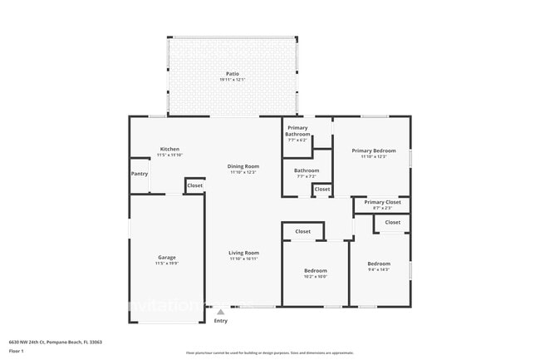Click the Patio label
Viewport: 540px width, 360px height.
232,73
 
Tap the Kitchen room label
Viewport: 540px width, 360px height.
169,150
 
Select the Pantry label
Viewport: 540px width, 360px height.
140,174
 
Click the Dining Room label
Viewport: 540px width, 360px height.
243,166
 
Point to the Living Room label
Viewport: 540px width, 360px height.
244,253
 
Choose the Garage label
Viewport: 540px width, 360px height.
167,257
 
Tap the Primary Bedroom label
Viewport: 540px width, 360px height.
374,150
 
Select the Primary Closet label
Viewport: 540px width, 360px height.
382,202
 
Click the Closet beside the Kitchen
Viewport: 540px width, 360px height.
194,185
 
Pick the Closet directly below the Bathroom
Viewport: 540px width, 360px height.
322,190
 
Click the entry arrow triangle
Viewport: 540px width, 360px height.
220,312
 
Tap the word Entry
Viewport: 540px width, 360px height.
220,321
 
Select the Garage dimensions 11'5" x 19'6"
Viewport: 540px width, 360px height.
167,263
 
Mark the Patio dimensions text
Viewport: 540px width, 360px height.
232,79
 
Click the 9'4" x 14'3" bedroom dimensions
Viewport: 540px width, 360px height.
379,269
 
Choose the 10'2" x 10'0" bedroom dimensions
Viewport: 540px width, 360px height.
315,276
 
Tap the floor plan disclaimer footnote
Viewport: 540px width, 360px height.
269,353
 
